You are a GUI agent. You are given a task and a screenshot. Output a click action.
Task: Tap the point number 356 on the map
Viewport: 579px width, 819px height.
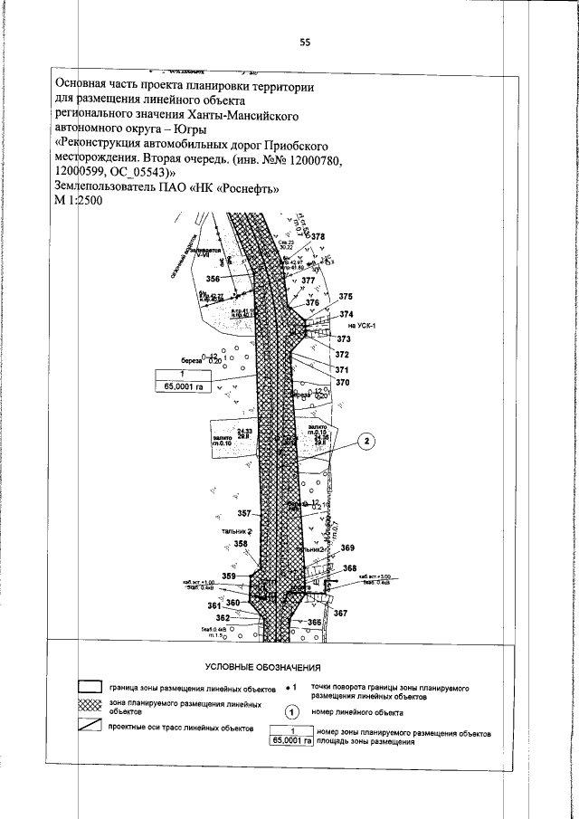pyautogui.click(x=213, y=278)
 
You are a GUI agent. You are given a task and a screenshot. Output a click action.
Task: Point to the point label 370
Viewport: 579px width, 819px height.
pyautogui.click(x=342, y=383)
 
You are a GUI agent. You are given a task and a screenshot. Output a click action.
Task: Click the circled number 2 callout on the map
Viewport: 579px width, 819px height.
pyautogui.click(x=366, y=442)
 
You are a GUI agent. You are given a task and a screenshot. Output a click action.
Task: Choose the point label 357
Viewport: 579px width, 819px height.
pyautogui.click(x=243, y=513)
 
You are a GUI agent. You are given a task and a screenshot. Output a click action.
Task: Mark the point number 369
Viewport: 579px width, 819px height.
pyautogui.click(x=347, y=548)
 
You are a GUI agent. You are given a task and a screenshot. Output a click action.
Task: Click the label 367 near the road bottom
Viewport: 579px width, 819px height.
pyautogui.click(x=340, y=614)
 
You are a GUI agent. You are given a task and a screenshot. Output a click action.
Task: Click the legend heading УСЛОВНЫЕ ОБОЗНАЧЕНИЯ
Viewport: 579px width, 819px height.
pyautogui.click(x=263, y=667)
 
